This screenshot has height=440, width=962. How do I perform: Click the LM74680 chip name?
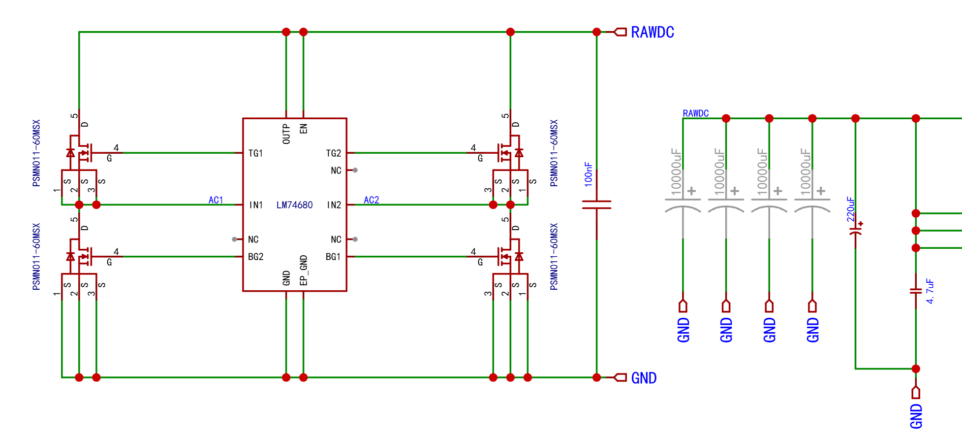click(x=294, y=205)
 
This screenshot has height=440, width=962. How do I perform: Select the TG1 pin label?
click(x=255, y=153)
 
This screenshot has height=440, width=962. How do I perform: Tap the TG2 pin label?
click(x=334, y=153)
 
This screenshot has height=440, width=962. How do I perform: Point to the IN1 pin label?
click(x=256, y=205)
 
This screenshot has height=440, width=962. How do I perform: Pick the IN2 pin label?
click(x=334, y=205)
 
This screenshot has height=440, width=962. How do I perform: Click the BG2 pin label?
click(x=256, y=257)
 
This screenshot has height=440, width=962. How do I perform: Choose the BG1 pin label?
click(x=333, y=257)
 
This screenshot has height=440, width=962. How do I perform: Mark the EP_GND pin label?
click(x=304, y=270)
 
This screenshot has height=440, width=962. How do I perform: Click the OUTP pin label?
click(x=286, y=134)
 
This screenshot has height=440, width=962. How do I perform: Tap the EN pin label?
click(x=304, y=129)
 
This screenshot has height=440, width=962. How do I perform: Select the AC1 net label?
click(x=216, y=200)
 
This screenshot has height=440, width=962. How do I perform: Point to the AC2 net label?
click(x=372, y=200)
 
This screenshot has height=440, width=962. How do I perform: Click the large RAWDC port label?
click(x=652, y=33)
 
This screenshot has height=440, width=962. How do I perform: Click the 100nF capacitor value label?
click(x=589, y=174)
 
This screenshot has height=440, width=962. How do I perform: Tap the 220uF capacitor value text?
click(x=851, y=209)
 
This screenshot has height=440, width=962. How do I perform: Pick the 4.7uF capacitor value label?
click(x=930, y=291)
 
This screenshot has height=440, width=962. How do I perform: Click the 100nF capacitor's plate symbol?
click(x=596, y=204)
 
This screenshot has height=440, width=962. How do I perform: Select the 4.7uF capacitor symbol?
click(x=916, y=291)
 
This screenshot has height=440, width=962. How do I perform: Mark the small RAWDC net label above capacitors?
click(x=696, y=113)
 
